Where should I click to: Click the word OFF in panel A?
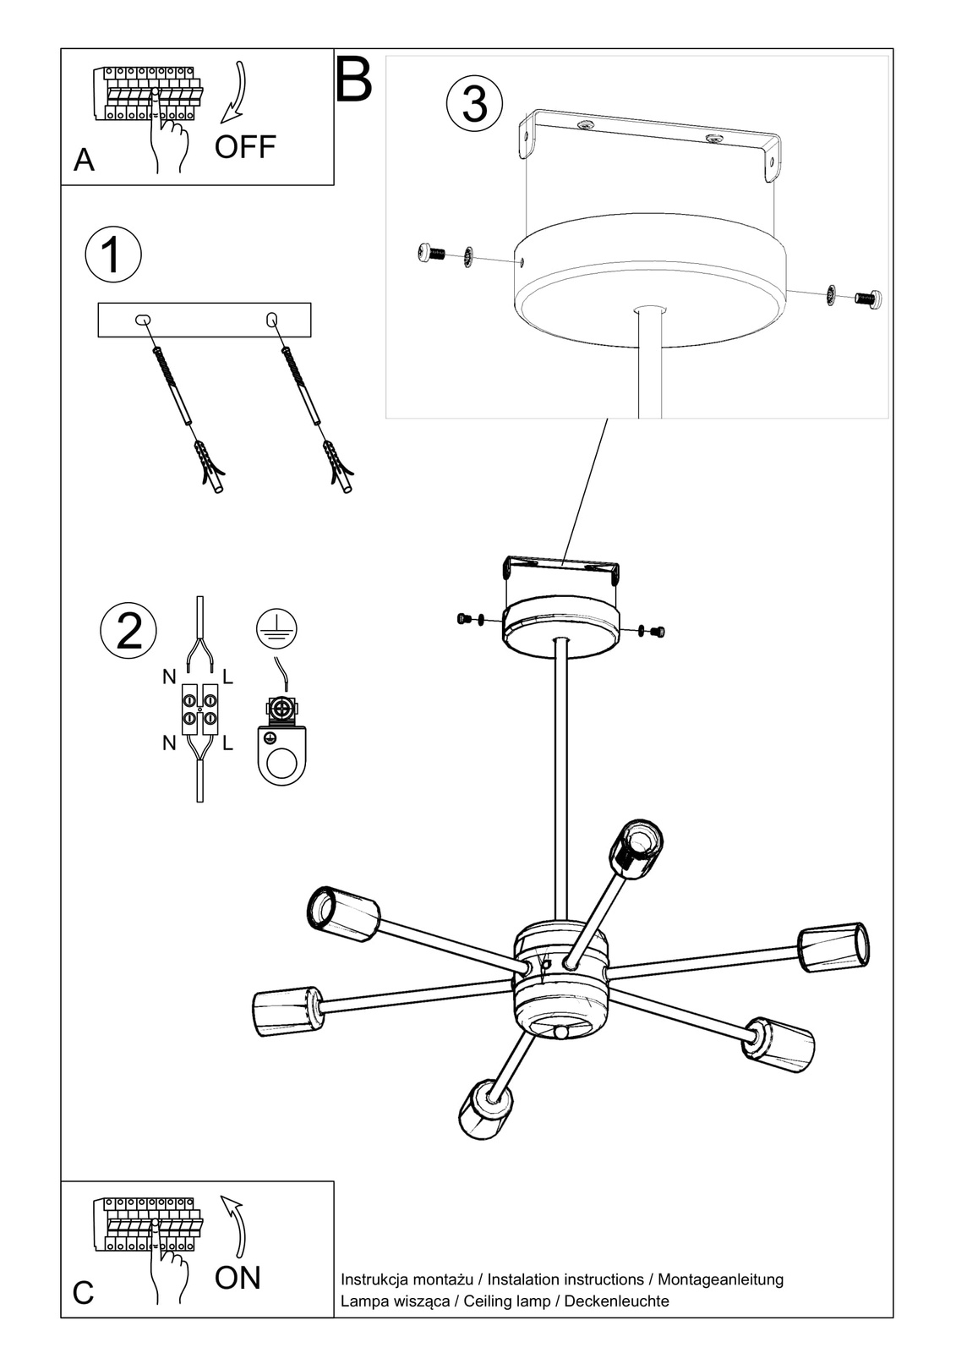(x=245, y=147)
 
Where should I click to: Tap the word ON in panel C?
(x=238, y=1278)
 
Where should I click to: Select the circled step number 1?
(x=112, y=255)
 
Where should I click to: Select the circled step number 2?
(x=128, y=631)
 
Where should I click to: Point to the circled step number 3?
(x=475, y=105)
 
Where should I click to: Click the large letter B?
(x=354, y=80)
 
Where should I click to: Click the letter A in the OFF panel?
(x=84, y=159)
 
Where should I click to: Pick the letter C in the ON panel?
(x=83, y=1293)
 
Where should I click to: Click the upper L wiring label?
(x=227, y=677)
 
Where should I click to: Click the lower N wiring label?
(x=169, y=742)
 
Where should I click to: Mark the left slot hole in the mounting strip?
(x=143, y=320)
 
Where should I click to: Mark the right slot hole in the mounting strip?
(x=272, y=319)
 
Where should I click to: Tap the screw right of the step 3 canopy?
(x=869, y=298)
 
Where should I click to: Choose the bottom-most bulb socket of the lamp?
(x=484, y=1107)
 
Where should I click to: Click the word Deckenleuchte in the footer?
(x=616, y=1301)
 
